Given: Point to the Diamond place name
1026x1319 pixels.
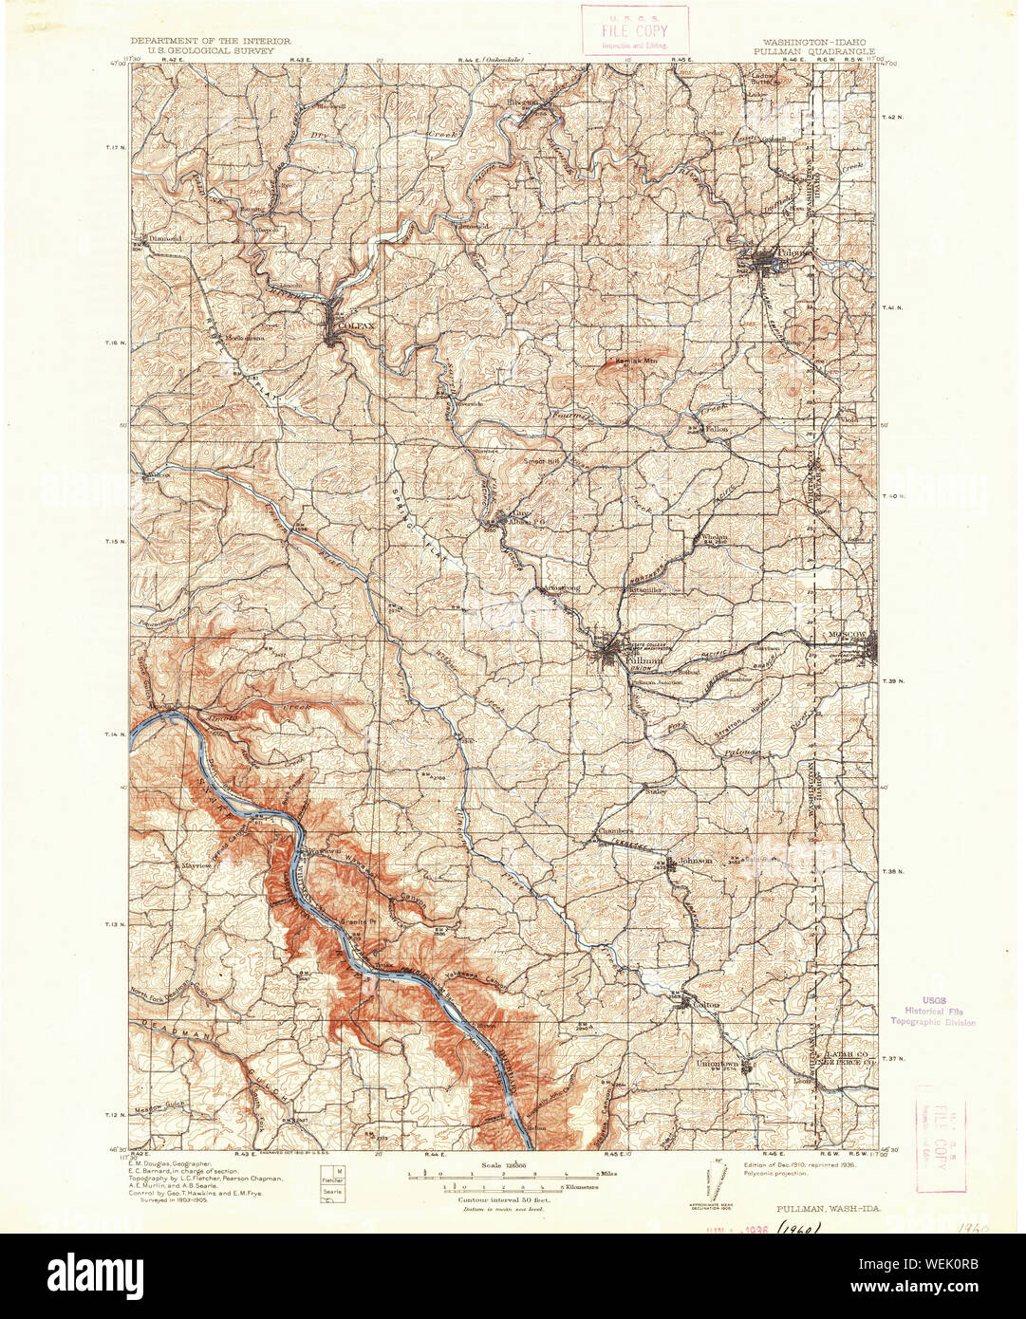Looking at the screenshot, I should point(163,238).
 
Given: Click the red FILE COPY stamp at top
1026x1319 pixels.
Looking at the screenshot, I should point(634,29).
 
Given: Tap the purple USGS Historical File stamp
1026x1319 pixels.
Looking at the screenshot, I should point(932,1012).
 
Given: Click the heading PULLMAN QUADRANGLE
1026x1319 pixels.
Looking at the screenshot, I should point(818,52).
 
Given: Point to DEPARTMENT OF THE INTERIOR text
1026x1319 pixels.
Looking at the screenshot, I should point(211,42).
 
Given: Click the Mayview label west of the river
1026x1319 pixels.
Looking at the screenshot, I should point(197,866).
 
